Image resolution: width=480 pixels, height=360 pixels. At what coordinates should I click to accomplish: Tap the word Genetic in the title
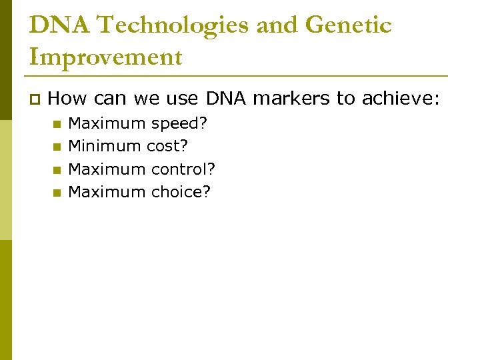click(348, 26)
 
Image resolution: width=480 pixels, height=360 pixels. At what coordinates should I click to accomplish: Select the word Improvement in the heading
click(106, 57)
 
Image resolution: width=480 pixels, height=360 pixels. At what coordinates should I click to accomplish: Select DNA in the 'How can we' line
click(227, 99)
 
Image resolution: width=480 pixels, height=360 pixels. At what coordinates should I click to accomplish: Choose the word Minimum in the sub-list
click(105, 145)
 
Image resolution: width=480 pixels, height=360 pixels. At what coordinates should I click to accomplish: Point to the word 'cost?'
click(167, 145)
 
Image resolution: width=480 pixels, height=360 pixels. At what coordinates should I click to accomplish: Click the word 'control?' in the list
click(183, 169)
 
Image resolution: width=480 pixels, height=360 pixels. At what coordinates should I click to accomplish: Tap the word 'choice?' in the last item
click(181, 192)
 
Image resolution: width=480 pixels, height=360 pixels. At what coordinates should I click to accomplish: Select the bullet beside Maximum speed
click(57, 124)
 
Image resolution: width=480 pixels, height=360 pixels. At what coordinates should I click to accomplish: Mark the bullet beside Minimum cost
click(57, 146)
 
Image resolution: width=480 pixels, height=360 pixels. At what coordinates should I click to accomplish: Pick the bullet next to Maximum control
click(57, 169)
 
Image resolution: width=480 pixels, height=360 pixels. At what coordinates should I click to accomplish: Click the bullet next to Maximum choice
click(57, 193)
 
